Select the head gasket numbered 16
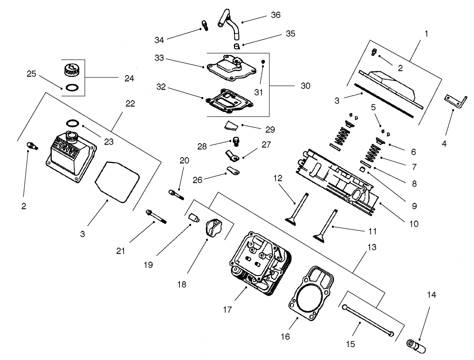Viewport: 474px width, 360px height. (311, 294)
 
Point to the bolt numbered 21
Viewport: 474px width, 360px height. (157, 217)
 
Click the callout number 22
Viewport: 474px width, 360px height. (130, 104)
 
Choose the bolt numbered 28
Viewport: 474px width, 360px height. (237, 141)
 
